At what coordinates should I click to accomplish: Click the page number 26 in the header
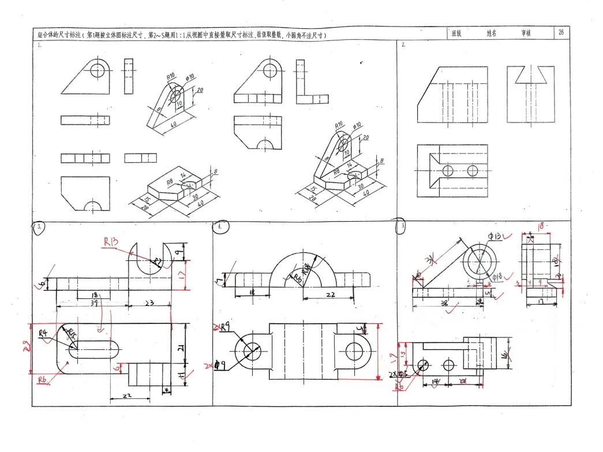(560, 33)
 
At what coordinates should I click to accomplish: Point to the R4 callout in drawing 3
(43, 333)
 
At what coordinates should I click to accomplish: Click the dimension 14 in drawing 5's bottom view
(436, 382)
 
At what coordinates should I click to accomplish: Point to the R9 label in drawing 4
(226, 327)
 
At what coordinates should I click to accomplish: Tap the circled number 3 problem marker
(39, 227)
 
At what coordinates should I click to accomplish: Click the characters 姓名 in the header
(491, 33)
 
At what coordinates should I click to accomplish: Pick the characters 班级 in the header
(456, 33)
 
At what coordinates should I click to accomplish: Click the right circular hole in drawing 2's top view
(473, 170)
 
